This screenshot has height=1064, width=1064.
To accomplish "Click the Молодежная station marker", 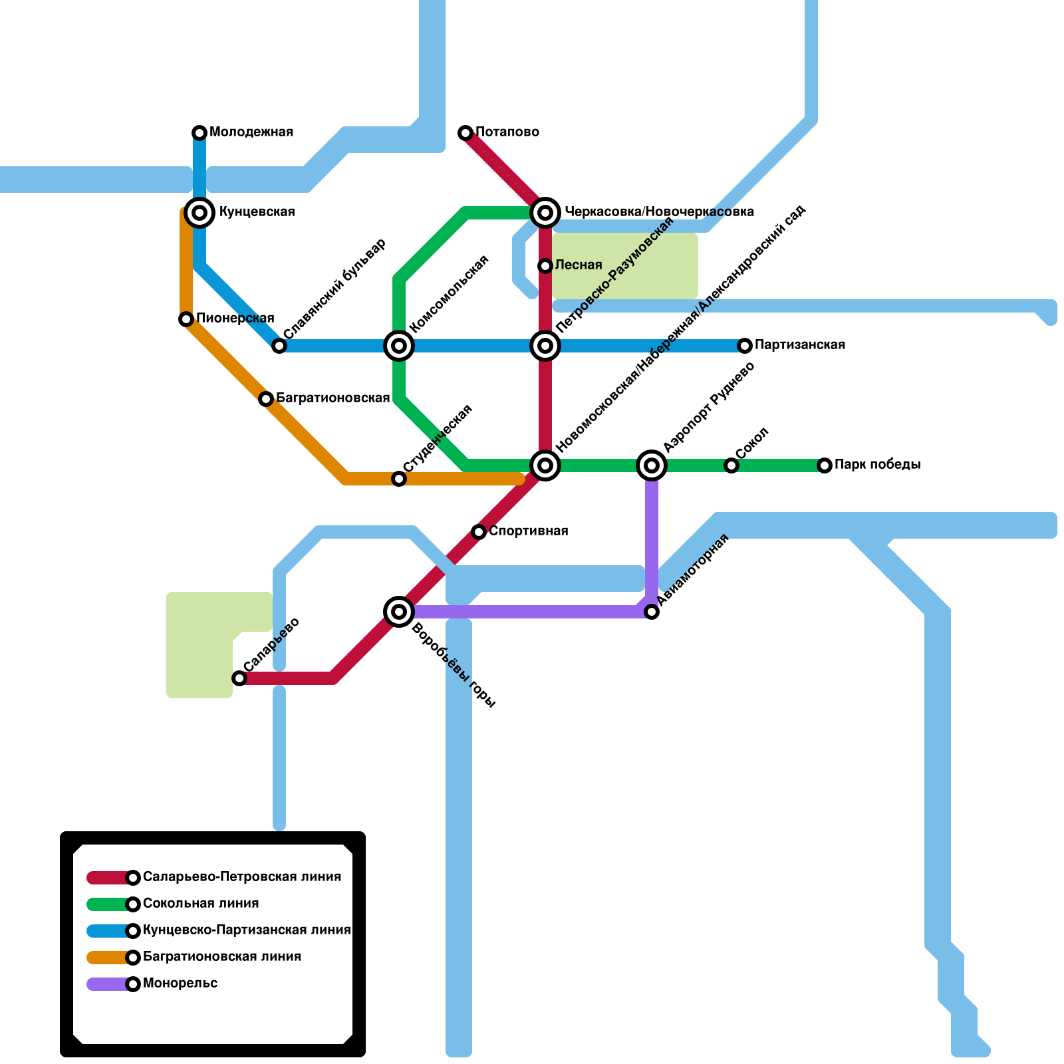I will [x=199, y=133].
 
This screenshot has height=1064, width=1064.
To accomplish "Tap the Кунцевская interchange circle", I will [x=199, y=213].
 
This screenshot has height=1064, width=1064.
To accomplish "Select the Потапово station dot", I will [x=465, y=133].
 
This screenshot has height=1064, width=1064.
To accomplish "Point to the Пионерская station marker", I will [x=186, y=319].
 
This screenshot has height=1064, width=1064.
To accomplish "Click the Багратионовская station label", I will [x=332, y=398].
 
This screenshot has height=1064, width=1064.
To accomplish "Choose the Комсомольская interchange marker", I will [x=399, y=346].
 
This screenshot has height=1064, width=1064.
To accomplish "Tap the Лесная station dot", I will [x=545, y=266].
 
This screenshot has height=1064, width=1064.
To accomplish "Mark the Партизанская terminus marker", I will [x=745, y=346].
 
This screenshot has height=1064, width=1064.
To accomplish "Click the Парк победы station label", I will [x=877, y=465].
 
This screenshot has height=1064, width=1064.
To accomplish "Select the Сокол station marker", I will [x=731, y=465].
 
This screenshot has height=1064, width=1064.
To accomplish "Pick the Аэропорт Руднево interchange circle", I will [x=652, y=465].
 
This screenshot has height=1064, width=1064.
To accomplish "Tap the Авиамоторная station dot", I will [x=652, y=612].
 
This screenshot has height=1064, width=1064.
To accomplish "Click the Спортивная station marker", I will [x=479, y=532].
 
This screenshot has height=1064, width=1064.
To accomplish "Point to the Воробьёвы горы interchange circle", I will [x=399, y=612].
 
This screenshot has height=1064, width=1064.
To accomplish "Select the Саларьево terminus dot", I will [x=239, y=678].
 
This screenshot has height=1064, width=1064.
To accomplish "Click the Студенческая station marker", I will [x=399, y=479].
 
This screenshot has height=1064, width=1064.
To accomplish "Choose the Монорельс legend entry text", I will [x=180, y=984].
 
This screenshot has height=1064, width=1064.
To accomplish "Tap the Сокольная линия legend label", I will [x=201, y=904].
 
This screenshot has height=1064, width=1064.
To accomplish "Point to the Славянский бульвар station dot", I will [x=279, y=346].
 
